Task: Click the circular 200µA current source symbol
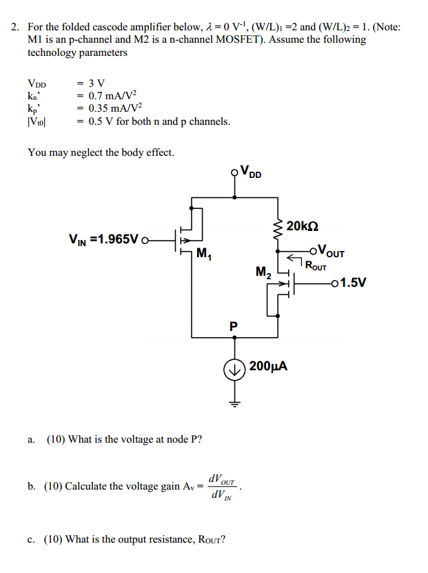point(234,370)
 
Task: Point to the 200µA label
point(268,365)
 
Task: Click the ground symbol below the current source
point(234,403)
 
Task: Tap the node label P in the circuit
point(234,325)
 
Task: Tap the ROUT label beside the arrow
point(316,265)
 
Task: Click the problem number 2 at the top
point(14,28)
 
